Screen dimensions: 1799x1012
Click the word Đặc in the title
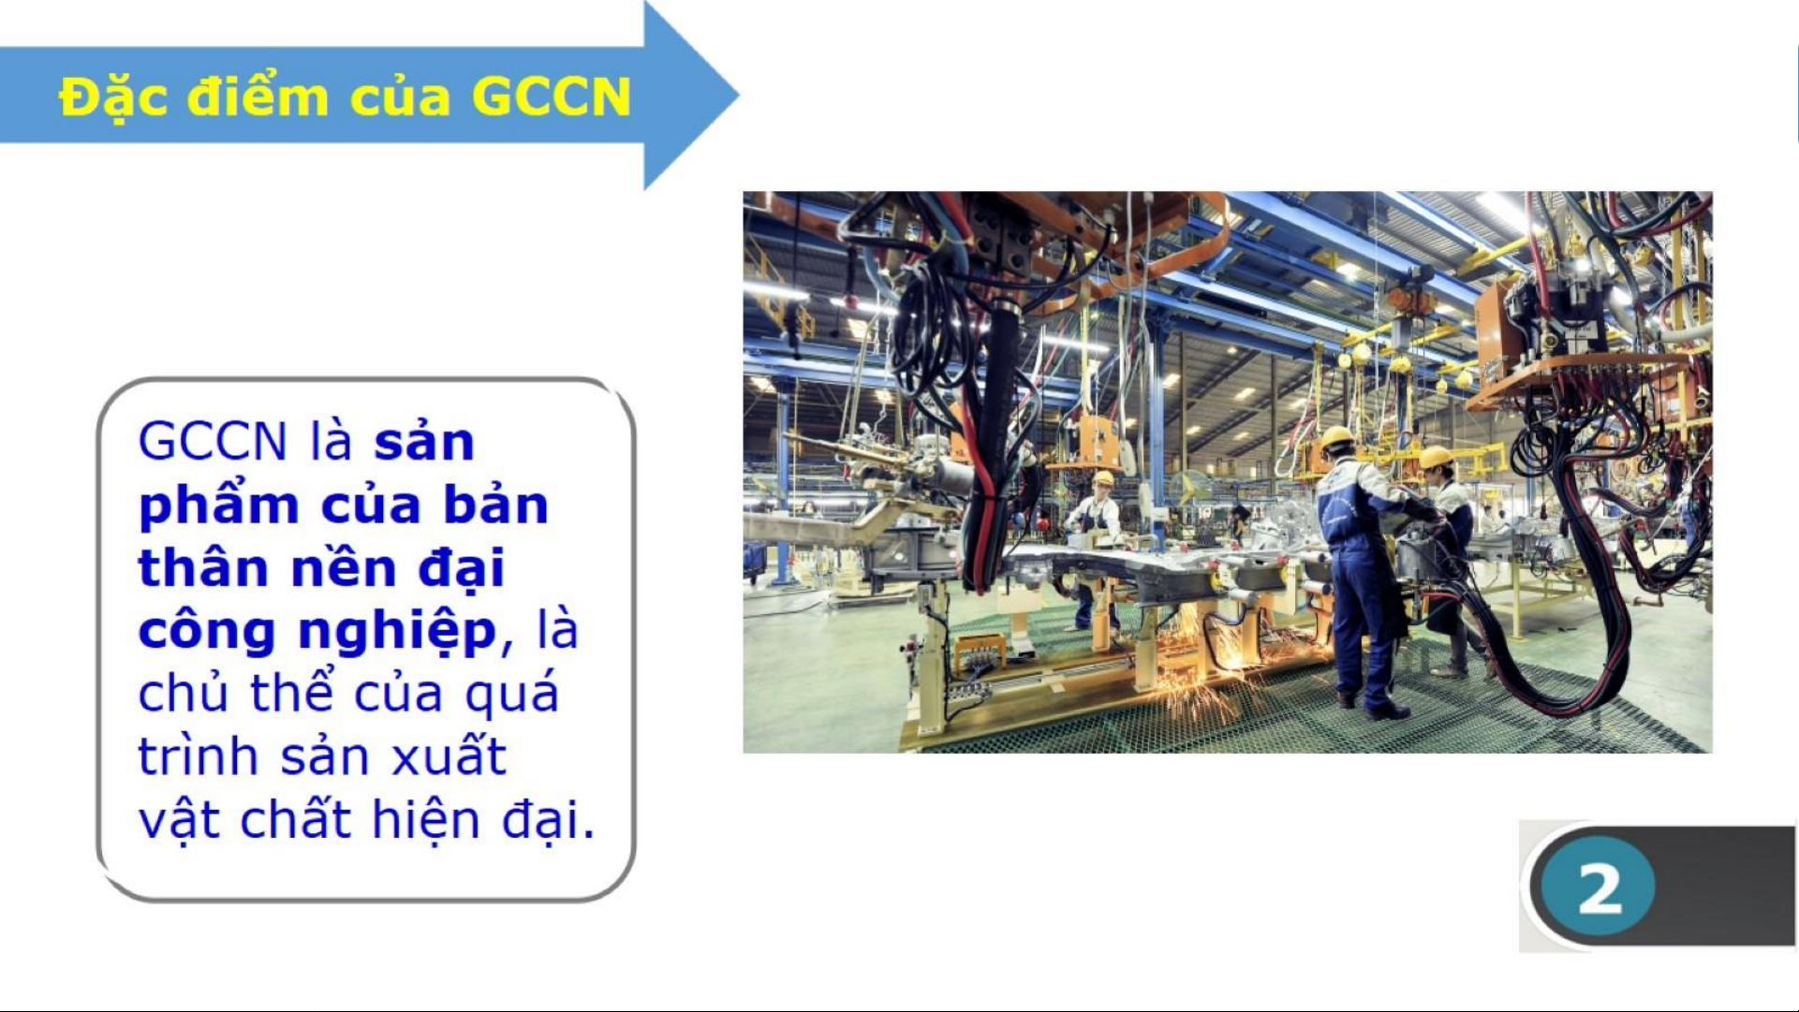pyautogui.click(x=115, y=97)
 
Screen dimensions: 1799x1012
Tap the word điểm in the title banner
pyautogui.click(x=258, y=96)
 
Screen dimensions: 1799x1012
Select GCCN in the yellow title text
pyautogui.click(x=552, y=96)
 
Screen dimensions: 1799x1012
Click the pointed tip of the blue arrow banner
pyautogui.click(x=739, y=94)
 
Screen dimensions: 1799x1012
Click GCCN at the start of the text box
pyautogui.click(x=213, y=441)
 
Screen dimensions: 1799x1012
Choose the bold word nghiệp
pyautogui.click(x=397, y=632)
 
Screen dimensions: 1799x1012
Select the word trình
pyautogui.click(x=199, y=756)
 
